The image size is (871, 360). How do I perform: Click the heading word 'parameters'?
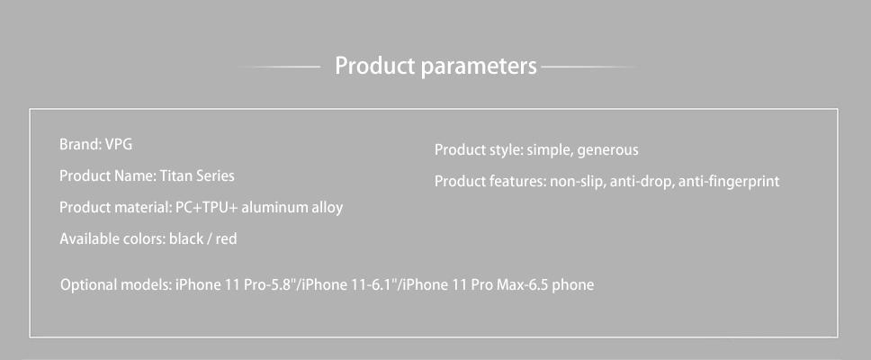479,67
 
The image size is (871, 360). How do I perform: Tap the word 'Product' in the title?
375,66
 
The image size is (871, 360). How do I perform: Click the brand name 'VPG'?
119,144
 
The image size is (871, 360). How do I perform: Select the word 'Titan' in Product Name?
174,176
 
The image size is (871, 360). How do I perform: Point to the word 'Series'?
213,176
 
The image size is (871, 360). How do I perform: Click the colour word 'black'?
186,239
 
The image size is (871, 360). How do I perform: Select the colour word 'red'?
226,239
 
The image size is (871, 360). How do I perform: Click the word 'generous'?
608,150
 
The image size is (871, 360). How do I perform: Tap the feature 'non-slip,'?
578,182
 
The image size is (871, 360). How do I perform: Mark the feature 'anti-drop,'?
642,182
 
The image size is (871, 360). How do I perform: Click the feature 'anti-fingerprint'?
729,182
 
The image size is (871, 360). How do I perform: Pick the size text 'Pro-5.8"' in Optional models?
273,285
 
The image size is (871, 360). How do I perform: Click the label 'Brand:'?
80,144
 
